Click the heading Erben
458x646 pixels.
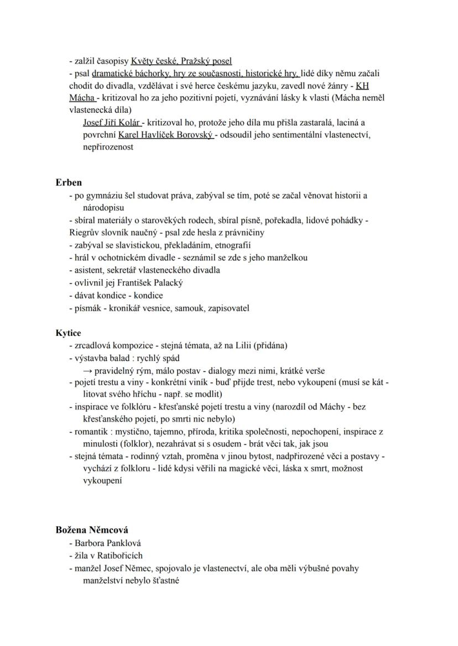(x=69, y=182)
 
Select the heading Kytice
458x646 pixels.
(x=68, y=333)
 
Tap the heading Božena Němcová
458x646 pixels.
(x=92, y=529)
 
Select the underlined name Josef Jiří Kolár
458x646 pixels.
(x=112, y=122)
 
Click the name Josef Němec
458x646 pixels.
(x=128, y=568)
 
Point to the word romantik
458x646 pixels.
(x=91, y=432)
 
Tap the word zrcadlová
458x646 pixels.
(x=92, y=345)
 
